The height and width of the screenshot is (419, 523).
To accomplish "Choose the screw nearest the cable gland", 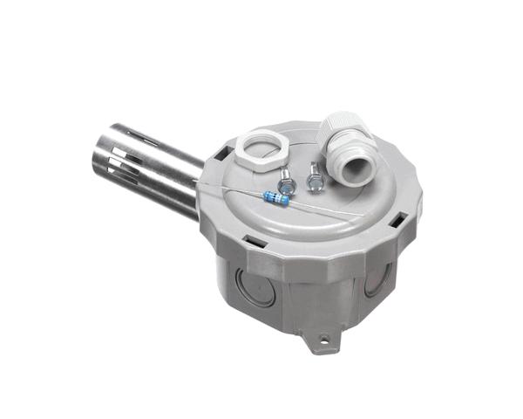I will [313, 182].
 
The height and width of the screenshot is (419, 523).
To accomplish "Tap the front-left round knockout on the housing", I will [255, 286].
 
